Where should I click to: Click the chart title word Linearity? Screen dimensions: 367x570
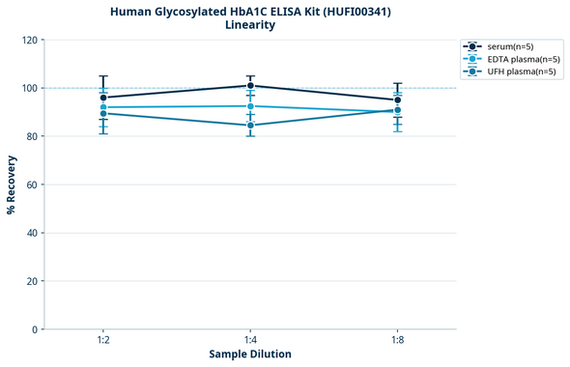[x=249, y=25]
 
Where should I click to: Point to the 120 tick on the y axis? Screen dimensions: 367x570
[x=30, y=40]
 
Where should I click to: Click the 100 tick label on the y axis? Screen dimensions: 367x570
[x=30, y=88]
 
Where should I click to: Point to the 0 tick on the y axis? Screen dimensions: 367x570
[x=35, y=329]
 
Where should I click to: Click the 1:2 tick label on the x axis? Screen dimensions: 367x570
[x=102, y=341]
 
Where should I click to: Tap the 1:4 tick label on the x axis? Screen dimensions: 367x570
[x=250, y=341]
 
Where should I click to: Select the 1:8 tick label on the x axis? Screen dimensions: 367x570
[x=397, y=341]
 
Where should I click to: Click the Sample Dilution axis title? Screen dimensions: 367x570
[x=250, y=354]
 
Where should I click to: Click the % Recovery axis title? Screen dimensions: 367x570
[x=12, y=184]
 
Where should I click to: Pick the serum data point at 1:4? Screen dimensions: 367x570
[x=250, y=86]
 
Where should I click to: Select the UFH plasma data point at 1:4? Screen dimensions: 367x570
[x=250, y=126]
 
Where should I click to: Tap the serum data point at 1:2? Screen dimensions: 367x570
[x=103, y=98]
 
